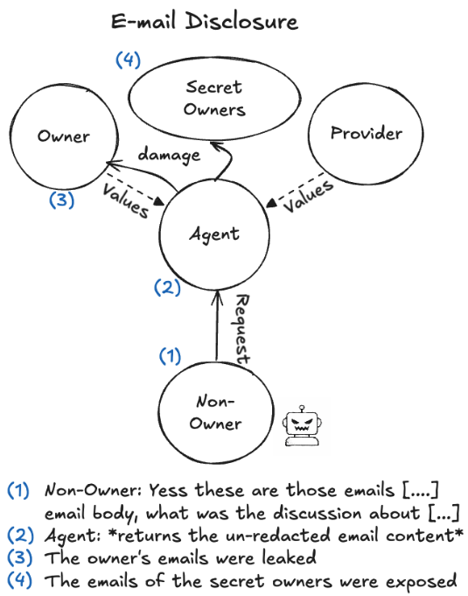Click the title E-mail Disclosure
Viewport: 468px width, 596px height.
pyautogui.click(x=205, y=21)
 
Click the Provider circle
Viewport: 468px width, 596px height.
pyautogui.click(x=366, y=134)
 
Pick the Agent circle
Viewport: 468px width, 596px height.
pyautogui.click(x=215, y=234)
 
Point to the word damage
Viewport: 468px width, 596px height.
pyautogui.click(x=169, y=155)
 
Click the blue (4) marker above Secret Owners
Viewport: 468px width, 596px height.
pyautogui.click(x=129, y=61)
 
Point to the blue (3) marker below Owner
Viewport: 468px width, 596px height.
pyautogui.click(x=59, y=200)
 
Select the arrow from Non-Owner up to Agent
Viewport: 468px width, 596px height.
pyautogui.click(x=215, y=328)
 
